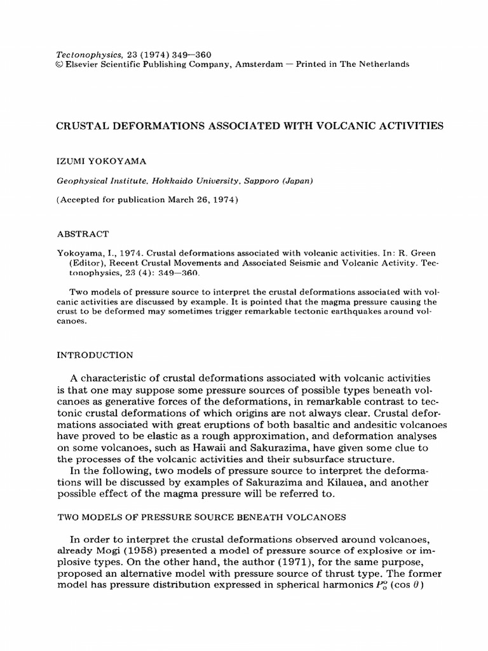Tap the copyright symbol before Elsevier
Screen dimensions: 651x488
click(x=61, y=64)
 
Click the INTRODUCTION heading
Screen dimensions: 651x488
click(x=95, y=355)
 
